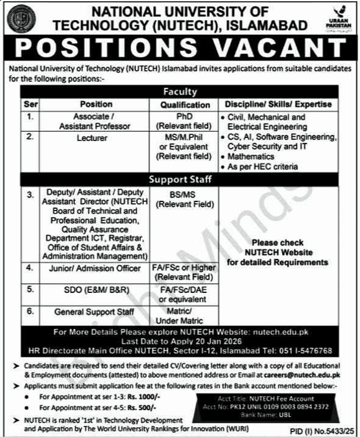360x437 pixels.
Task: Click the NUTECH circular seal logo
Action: (x=22, y=18)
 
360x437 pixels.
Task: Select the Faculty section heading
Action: (x=179, y=92)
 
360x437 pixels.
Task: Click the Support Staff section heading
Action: (x=179, y=180)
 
